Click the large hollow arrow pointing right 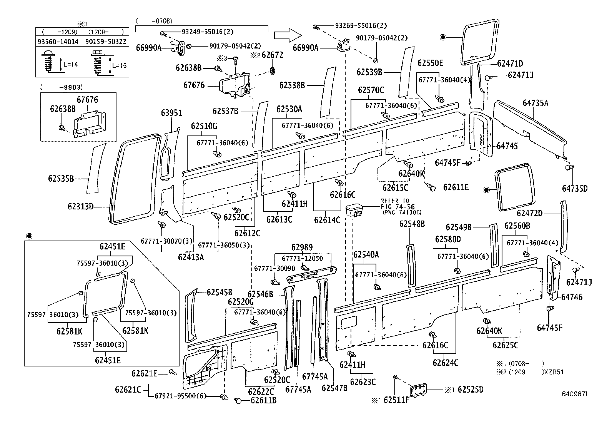[286, 35]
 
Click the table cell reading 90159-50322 [106, 41]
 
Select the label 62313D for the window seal [81, 207]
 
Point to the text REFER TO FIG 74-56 [400, 206]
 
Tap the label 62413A [191, 257]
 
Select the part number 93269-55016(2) [361, 26]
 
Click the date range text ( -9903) [62, 87]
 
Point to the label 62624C [446, 363]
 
